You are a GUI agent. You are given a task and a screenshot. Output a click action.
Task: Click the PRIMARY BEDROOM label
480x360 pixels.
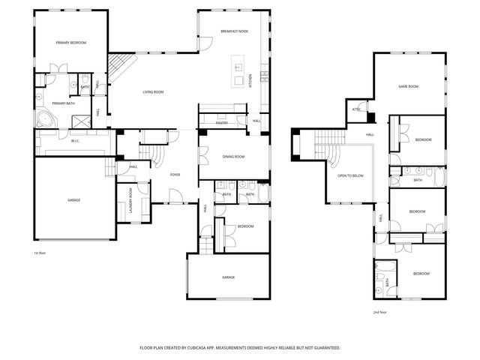click(x=71, y=43)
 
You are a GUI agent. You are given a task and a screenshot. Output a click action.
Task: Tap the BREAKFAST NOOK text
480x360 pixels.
click(x=235, y=31)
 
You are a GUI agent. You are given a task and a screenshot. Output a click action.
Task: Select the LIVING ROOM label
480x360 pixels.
click(x=154, y=92)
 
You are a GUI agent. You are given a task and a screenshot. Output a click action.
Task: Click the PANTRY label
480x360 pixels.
click(x=221, y=123)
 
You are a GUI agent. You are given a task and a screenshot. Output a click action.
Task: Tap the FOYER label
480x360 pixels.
click(x=175, y=174)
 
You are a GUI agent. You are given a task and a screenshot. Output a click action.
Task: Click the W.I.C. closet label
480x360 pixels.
click(x=76, y=140)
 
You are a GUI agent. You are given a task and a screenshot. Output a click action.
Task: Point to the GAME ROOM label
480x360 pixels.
click(x=407, y=86)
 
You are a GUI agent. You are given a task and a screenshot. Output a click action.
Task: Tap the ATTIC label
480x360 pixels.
click(x=357, y=109)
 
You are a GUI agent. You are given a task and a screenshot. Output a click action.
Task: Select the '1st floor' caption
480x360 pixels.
click(x=40, y=253)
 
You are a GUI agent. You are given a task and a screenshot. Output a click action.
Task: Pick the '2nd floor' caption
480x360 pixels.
click(x=380, y=312)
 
